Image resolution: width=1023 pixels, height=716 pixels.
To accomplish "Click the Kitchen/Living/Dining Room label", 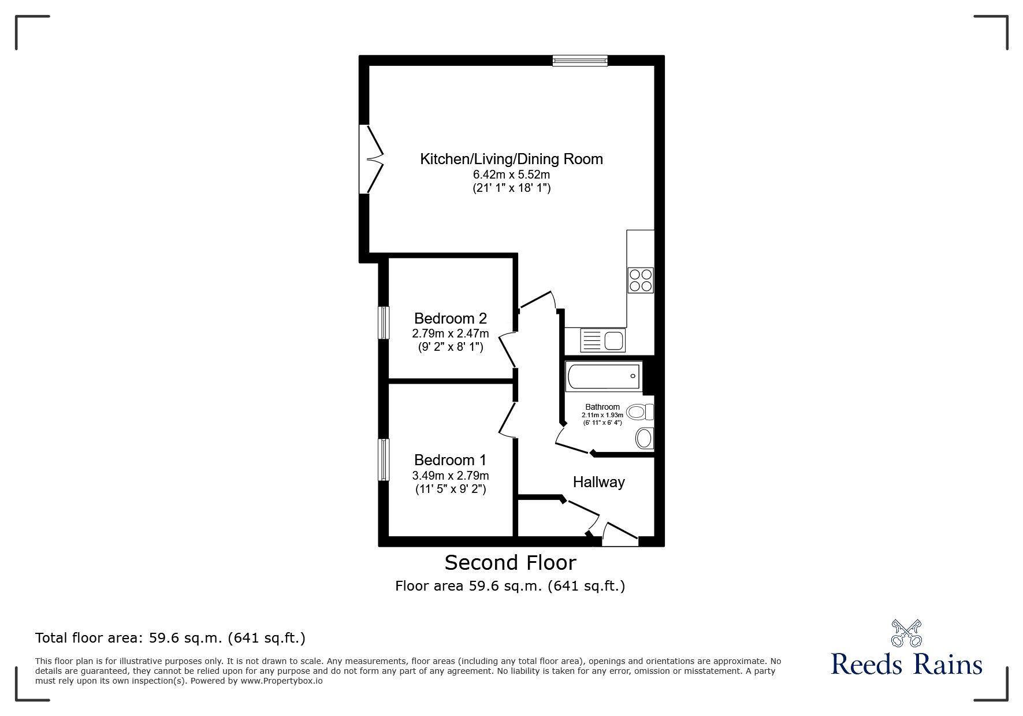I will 511,159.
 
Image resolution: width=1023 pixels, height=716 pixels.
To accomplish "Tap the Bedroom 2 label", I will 450,318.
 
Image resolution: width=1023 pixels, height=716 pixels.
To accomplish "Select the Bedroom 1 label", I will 450,460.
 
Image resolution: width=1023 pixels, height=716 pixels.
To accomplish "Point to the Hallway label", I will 598,482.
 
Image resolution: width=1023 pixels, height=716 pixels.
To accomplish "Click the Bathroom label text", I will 602,407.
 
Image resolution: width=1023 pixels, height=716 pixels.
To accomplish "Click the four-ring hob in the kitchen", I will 641,280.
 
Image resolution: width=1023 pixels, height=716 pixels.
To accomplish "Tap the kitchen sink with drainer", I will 602,340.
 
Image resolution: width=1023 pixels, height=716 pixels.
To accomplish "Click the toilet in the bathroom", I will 640,412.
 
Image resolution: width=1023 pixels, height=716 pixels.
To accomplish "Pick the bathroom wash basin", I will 644,438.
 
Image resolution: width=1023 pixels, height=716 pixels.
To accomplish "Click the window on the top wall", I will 579,60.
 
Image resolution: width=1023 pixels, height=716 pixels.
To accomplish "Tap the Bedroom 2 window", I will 383,322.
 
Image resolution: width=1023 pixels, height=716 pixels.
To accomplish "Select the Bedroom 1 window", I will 383,459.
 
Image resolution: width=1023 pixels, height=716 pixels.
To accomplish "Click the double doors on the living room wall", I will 370,159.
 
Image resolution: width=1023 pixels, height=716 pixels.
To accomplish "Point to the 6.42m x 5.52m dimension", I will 511,175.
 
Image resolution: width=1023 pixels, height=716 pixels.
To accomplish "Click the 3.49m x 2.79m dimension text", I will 450,476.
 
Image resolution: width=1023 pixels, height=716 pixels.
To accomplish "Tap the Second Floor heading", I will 510,562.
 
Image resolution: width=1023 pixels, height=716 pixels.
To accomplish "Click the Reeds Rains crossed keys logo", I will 906,633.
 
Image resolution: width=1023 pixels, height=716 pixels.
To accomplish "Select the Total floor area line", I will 170,638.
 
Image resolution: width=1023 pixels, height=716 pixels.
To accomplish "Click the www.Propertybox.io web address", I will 281,681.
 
